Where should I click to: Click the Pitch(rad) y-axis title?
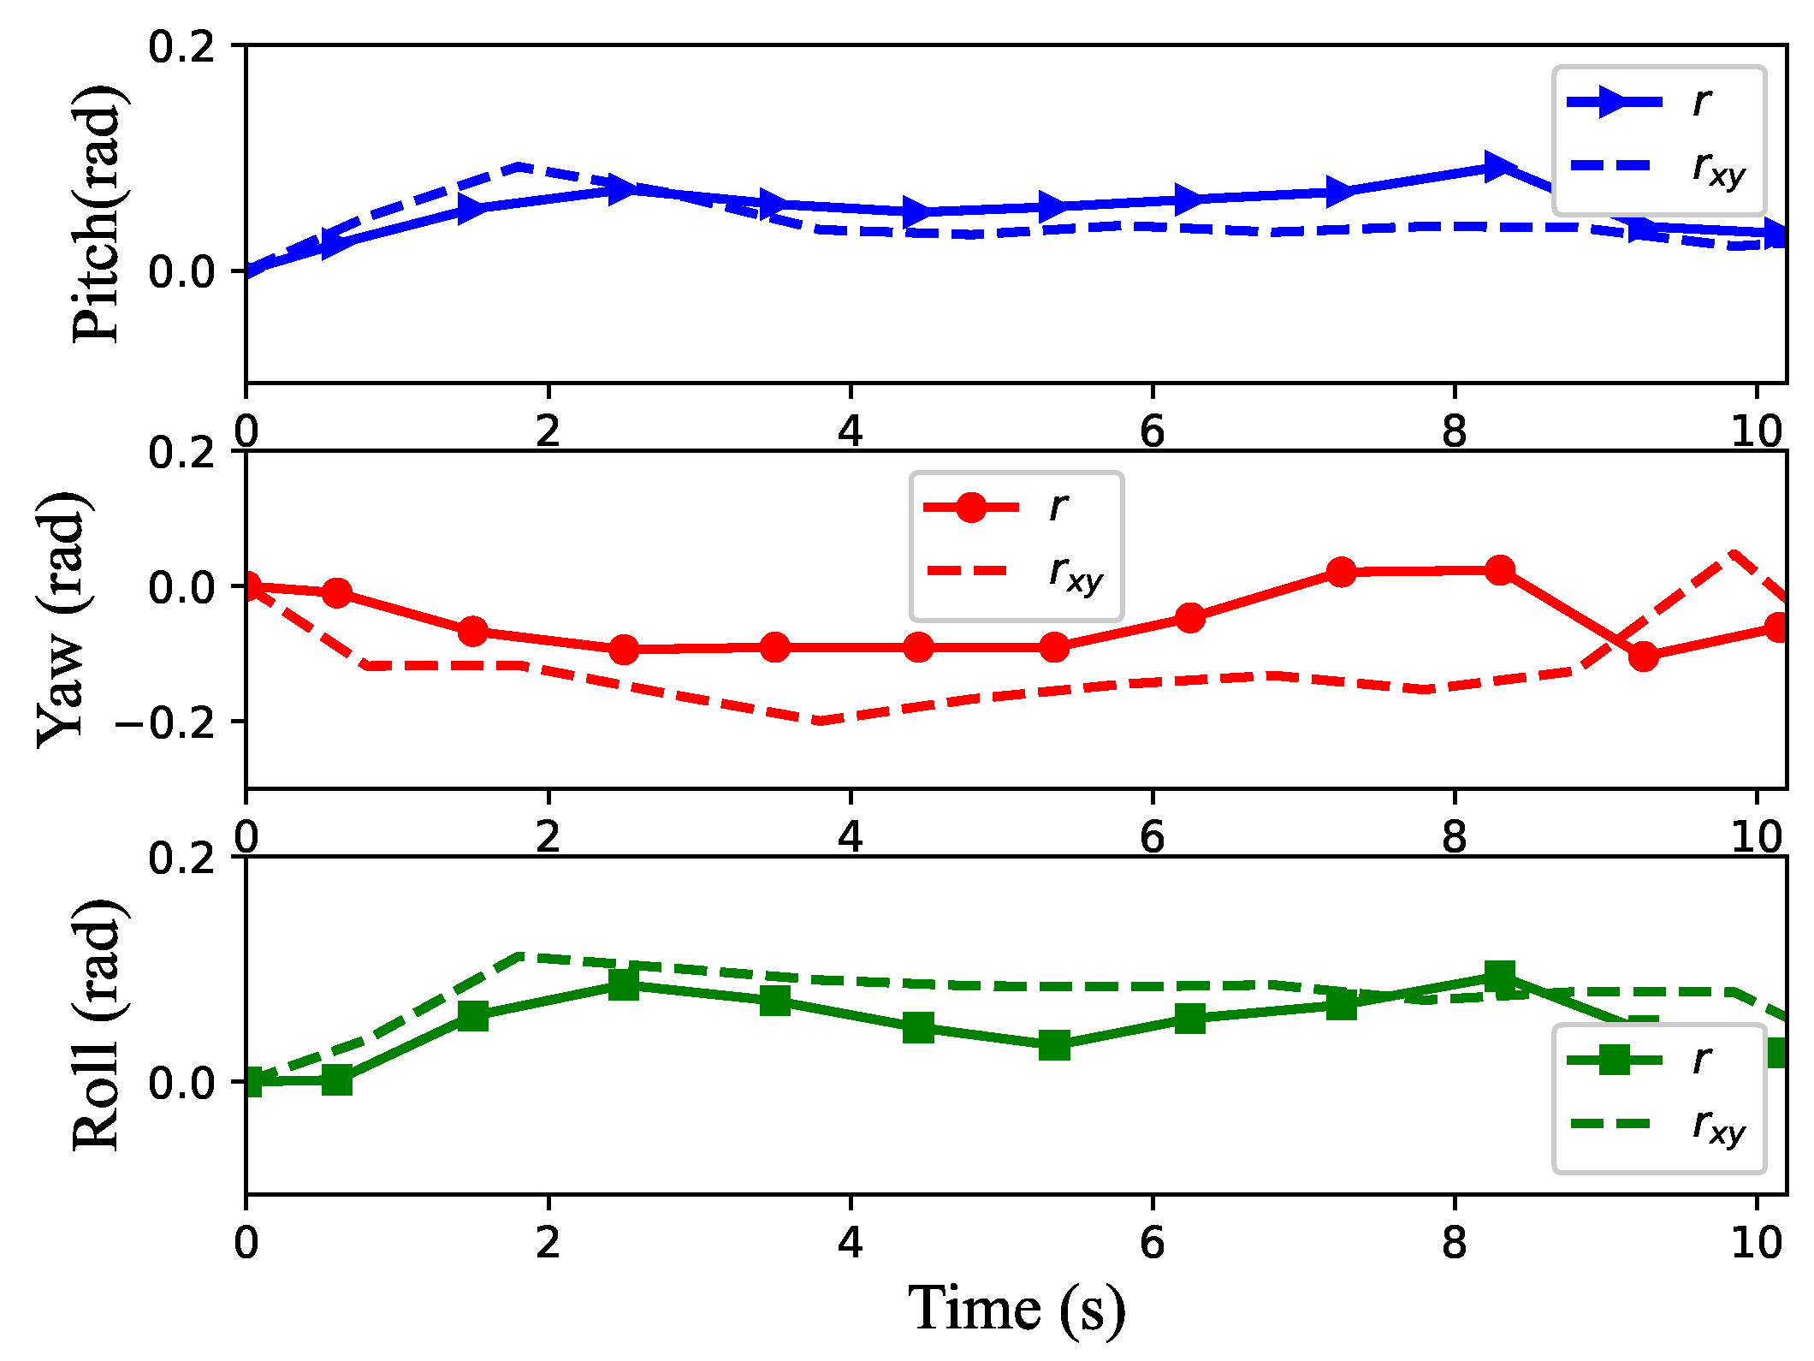(96, 214)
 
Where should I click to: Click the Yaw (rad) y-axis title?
(62, 620)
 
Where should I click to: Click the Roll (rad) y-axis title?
(96, 1025)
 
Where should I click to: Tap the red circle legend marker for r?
(971, 508)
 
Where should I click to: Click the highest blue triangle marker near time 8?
(1497, 166)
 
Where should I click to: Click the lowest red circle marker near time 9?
(1643, 657)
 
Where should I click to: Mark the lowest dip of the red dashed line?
(820, 722)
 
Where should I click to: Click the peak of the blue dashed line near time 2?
(519, 165)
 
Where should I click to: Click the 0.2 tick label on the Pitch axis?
(181, 46)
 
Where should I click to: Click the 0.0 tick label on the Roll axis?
(181, 1083)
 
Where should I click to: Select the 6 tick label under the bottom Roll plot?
(1152, 1242)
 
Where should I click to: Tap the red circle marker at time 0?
(248, 587)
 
